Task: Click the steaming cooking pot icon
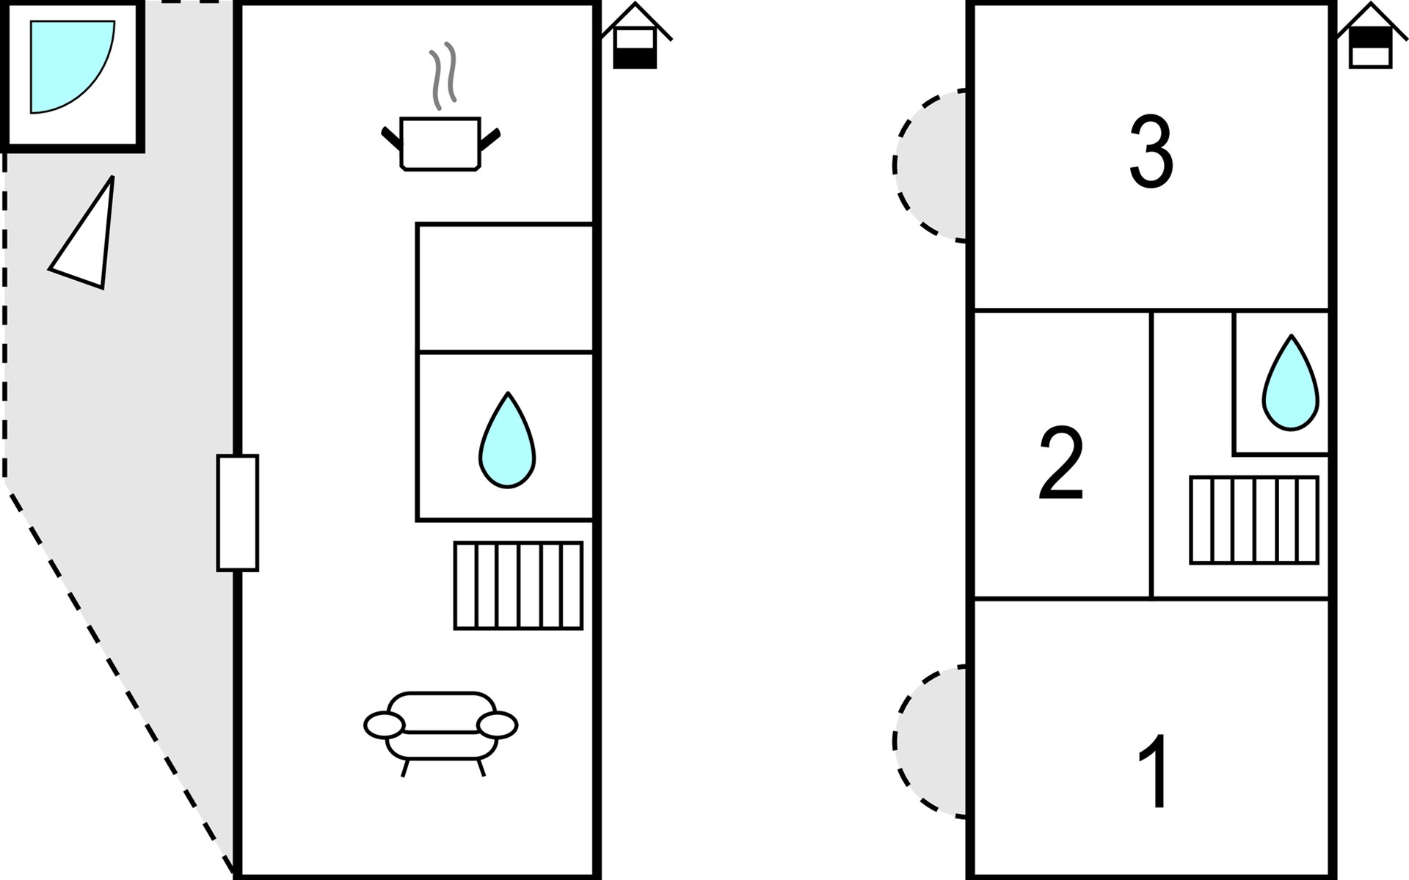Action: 440,143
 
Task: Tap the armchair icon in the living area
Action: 441,730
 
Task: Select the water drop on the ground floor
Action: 507,442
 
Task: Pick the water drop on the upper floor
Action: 1290,384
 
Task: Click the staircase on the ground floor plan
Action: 518,585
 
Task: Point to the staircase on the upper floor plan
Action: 1253,520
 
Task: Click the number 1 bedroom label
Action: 1154,770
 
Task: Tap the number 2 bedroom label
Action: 1061,463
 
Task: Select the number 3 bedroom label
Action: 1151,153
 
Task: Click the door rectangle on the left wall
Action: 237,513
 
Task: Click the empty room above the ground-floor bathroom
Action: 505,287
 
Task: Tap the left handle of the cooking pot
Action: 391,137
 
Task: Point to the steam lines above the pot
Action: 443,76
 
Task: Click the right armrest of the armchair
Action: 497,725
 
